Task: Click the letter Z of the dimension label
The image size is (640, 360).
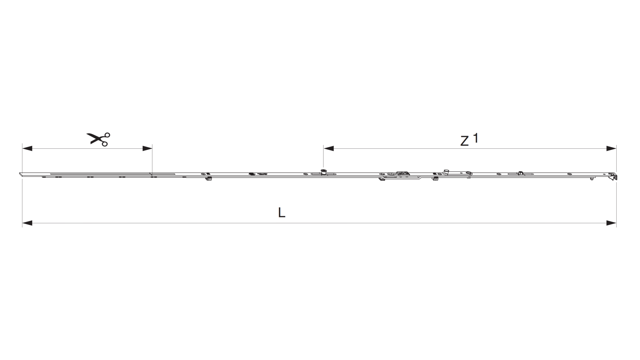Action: tap(464, 141)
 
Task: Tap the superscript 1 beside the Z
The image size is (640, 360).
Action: tap(476, 138)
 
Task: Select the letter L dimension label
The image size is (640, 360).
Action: tap(282, 212)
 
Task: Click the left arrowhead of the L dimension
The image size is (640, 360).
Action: tap(27, 223)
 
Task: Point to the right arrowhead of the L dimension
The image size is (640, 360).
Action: tap(611, 223)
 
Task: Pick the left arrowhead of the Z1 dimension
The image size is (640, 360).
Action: tap(329, 148)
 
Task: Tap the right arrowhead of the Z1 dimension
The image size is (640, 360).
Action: tap(611, 148)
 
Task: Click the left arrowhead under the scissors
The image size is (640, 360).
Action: tap(27, 148)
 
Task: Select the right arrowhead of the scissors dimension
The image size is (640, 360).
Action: tap(147, 148)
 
